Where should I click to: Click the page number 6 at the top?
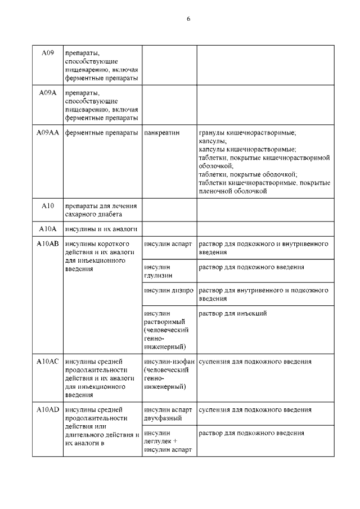click(x=188, y=19)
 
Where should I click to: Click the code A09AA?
click(x=48, y=133)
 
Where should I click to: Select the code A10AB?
click(x=48, y=244)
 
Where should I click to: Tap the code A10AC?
click(x=48, y=362)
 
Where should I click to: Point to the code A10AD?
click(x=48, y=409)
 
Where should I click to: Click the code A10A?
click(x=48, y=229)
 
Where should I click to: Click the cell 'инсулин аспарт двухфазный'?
click(x=168, y=414)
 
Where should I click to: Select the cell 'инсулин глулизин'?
click(x=158, y=271)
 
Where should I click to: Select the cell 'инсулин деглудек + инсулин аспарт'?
click(x=168, y=442)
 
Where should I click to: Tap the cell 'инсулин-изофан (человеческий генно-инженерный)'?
click(x=169, y=374)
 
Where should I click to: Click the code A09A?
click(x=48, y=93)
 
